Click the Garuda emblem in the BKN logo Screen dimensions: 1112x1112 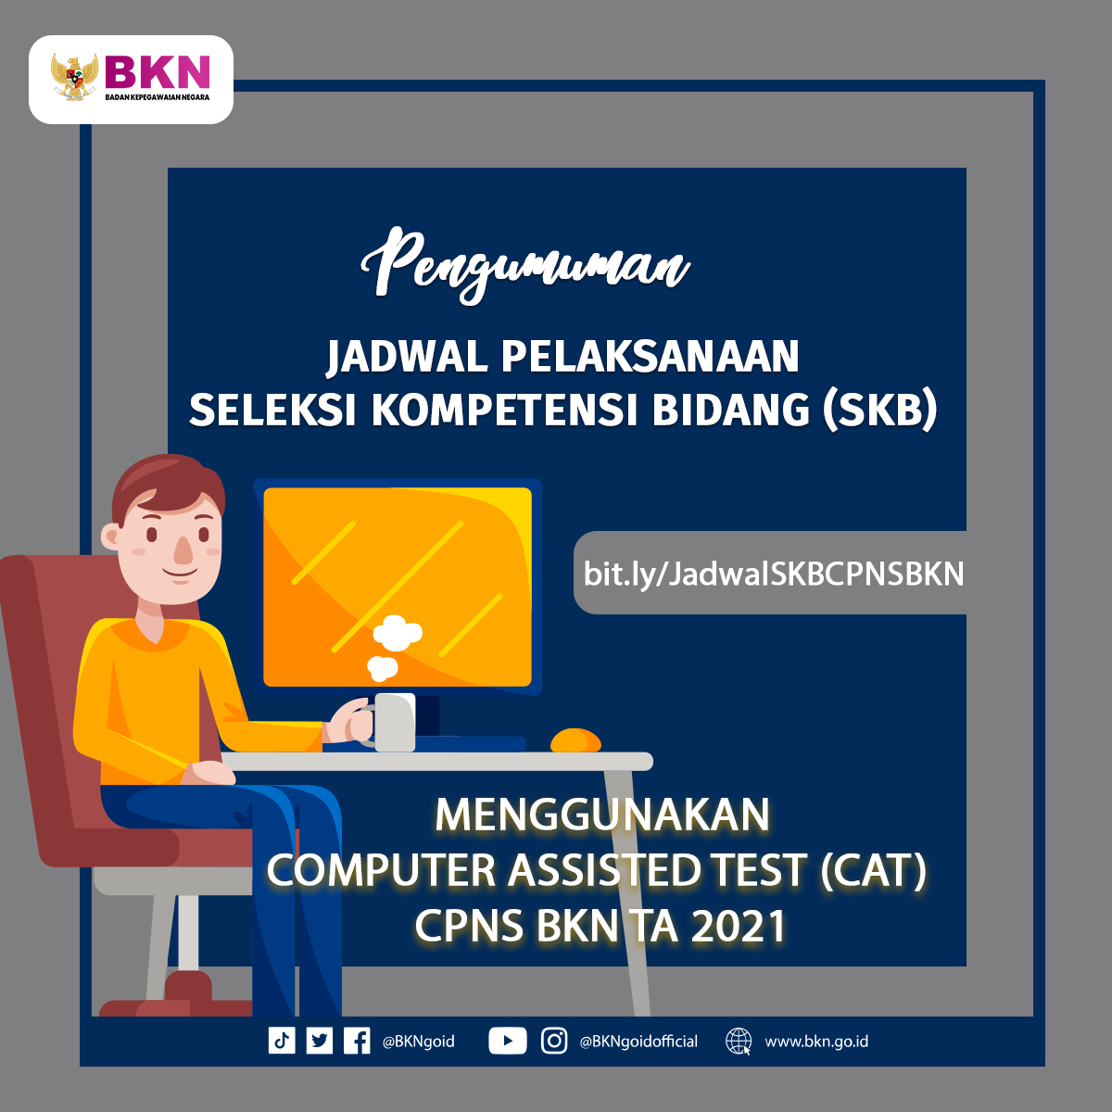[74, 77]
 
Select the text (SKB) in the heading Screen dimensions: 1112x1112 [879, 411]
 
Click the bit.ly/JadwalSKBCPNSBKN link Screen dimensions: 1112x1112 [773, 575]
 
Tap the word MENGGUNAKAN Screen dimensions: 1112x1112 [602, 815]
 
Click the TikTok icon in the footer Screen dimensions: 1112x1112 [282, 1041]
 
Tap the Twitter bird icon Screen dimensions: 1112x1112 [319, 1041]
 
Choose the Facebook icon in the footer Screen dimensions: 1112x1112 [357, 1041]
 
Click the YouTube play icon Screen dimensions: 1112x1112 [507, 1041]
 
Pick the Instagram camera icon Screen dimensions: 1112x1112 [554, 1041]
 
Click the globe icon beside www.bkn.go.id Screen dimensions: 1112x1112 [739, 1042]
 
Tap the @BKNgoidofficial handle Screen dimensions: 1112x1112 [638, 1042]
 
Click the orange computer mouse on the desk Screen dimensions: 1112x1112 [575, 740]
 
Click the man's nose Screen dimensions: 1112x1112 [184, 550]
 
